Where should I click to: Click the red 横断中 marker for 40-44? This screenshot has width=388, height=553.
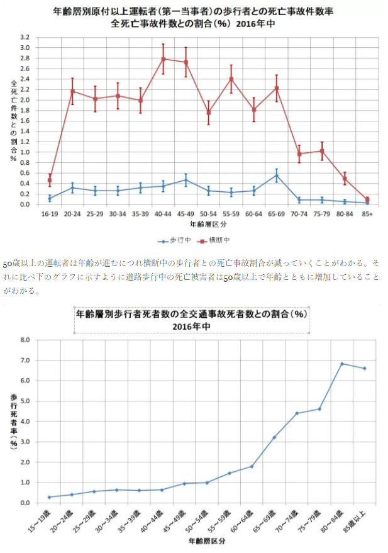coord(163,59)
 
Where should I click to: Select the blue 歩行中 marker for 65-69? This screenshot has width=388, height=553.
coord(276,176)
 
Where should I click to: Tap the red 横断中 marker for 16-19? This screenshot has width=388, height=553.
coord(50,180)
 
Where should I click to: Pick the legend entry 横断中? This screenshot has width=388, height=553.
coord(216,240)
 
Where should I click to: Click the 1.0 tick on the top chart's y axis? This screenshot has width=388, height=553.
coord(25,152)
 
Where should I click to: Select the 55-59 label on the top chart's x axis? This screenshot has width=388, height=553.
coord(231,213)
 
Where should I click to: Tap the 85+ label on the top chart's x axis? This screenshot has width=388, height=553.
coord(367,213)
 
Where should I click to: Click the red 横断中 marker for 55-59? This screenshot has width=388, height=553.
coord(231,79)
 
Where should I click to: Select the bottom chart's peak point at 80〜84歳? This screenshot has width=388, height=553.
coord(341,364)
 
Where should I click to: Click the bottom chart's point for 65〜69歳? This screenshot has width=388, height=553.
coord(274,437)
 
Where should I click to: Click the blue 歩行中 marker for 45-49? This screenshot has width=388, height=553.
coord(186,180)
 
